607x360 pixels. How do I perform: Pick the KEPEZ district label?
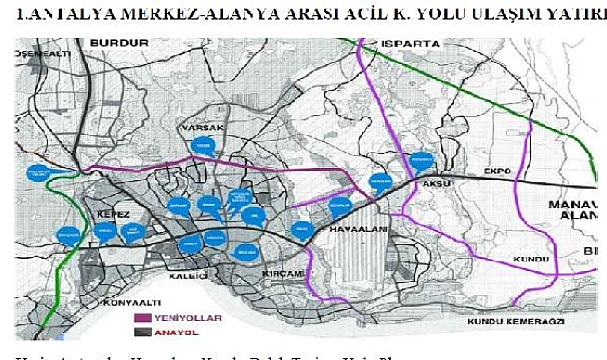pyautogui.click(x=113, y=215)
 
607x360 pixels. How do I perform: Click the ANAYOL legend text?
pyautogui.click(x=183, y=333)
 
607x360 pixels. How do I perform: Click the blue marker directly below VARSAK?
pyautogui.click(x=202, y=146)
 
